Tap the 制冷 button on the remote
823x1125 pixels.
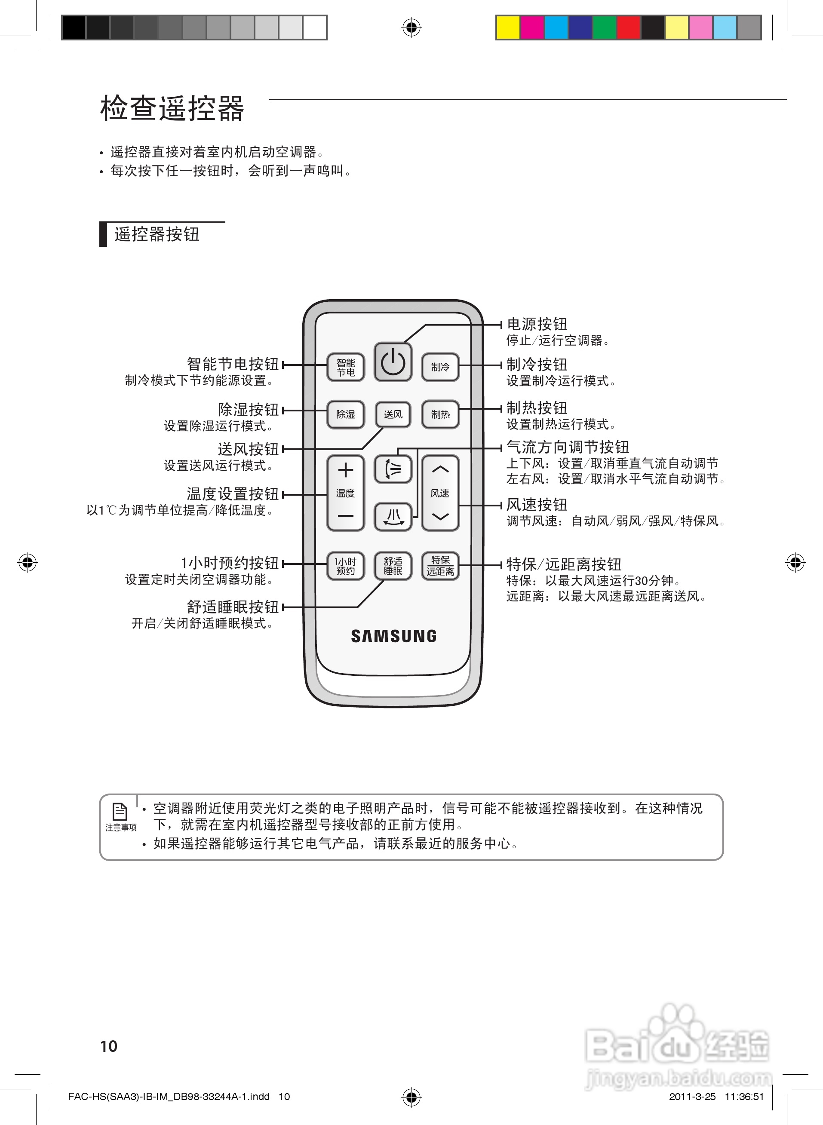point(440,367)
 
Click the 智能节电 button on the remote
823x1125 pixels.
point(345,368)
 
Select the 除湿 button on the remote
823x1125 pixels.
point(345,414)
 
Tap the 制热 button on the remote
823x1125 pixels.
point(440,414)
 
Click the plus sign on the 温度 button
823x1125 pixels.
point(345,470)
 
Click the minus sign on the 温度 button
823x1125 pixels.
point(345,516)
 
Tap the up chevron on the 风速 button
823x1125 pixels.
point(440,469)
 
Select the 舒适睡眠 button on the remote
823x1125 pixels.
point(393,566)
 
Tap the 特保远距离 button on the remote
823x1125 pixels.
point(440,566)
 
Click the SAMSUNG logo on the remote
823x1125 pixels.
point(393,636)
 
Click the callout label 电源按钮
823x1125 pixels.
point(537,324)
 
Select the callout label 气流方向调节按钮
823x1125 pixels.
point(568,447)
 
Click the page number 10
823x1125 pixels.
point(109,1046)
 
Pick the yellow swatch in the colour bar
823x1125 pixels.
point(508,28)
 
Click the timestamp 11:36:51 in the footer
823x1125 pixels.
point(744,1096)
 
